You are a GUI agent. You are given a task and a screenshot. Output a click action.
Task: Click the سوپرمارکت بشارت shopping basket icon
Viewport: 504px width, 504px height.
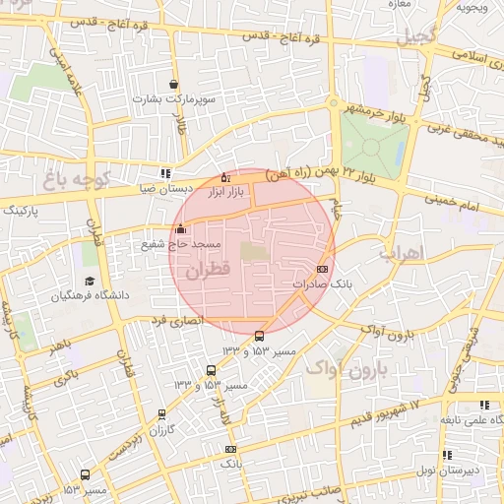click(x=174, y=85)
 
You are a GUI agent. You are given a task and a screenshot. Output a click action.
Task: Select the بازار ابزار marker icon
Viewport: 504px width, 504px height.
click(x=226, y=178)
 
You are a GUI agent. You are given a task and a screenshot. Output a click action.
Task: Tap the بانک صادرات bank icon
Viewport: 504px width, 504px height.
click(x=322, y=269)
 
